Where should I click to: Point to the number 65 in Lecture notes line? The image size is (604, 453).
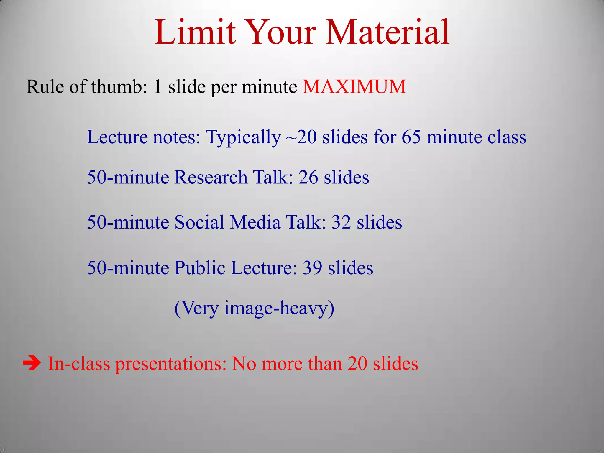(411, 137)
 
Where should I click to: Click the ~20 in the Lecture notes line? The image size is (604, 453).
(301, 137)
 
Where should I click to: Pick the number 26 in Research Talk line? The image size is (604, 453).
(308, 177)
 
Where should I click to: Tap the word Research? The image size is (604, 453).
(211, 177)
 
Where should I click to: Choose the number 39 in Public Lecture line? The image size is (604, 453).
(312, 268)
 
